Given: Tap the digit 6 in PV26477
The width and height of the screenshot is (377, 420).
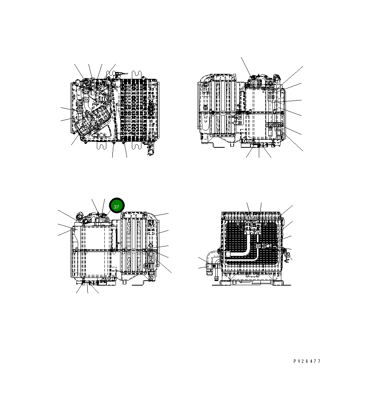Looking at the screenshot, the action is [307, 361].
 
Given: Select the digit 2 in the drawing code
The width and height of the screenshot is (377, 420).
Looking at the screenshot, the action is [303, 361].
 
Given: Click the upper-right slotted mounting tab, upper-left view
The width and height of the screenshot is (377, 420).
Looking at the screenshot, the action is [137, 75].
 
